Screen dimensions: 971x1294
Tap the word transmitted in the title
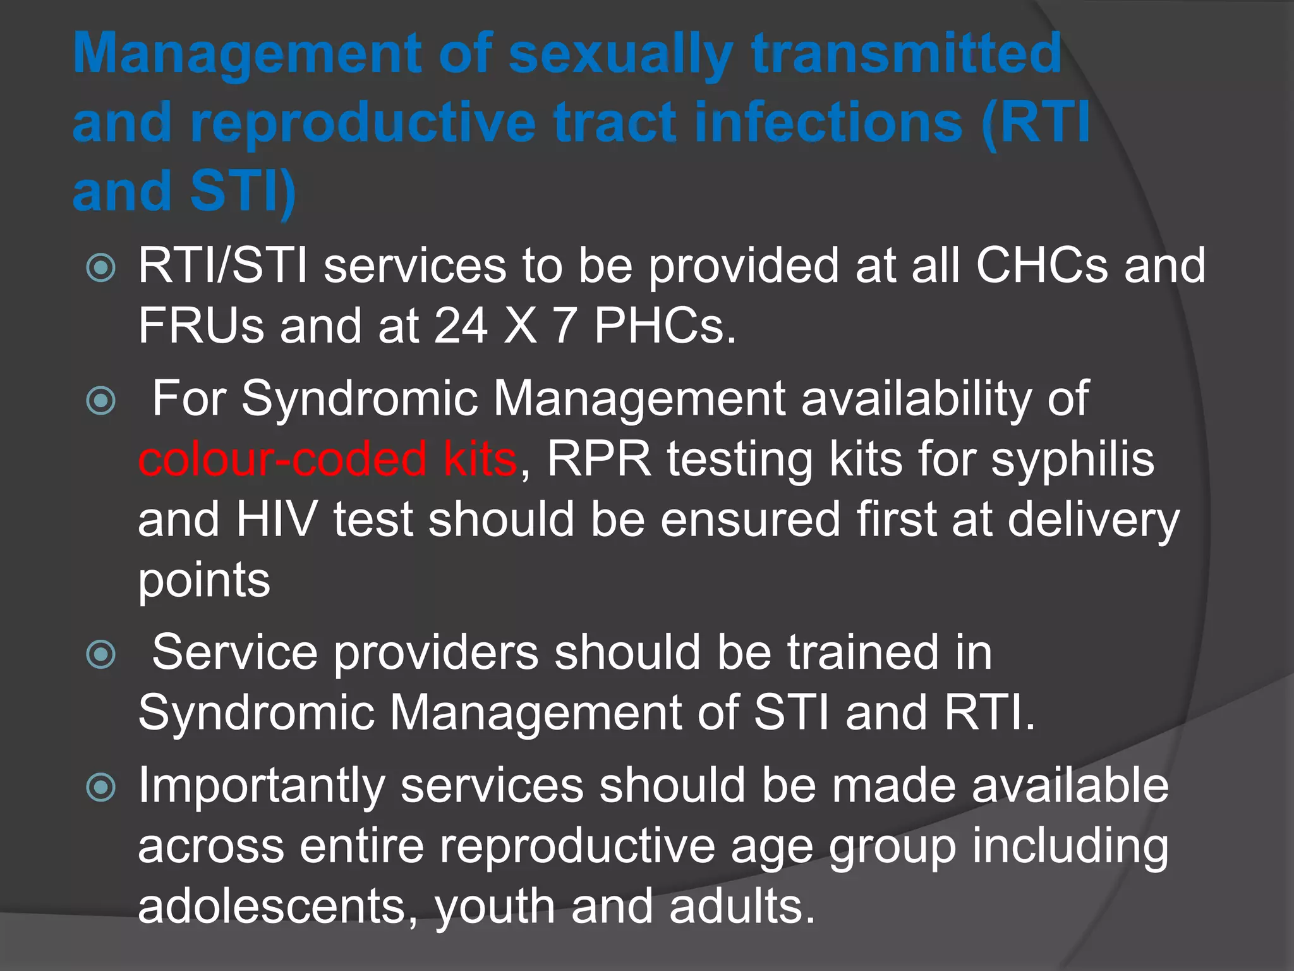907,54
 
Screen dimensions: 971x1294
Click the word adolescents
278,906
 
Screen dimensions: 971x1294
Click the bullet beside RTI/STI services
101,268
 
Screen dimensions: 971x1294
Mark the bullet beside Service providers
101,654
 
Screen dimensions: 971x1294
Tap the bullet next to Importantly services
101,788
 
